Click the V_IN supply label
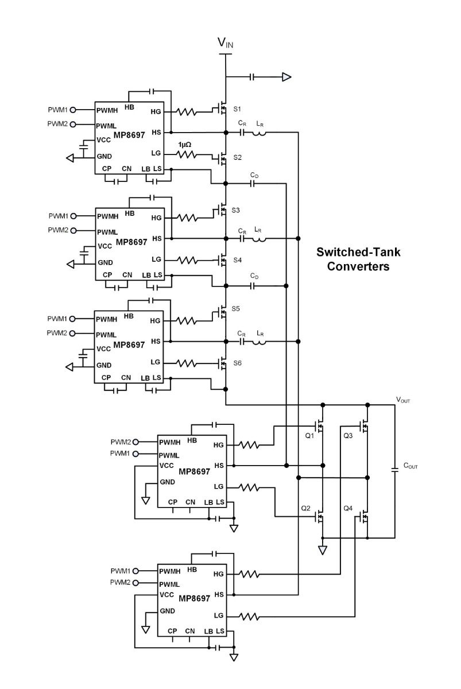[225, 42]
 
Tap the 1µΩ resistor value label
[185, 144]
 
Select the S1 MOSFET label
[237, 109]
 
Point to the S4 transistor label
[237, 260]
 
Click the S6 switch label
[237, 363]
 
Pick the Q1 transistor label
[309, 436]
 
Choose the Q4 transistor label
[348, 508]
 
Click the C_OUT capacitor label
[410, 466]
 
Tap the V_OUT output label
[403, 400]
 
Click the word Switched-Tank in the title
[358, 252]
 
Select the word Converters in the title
[358, 266]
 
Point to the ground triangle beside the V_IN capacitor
[286, 77]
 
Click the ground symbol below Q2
[322, 550]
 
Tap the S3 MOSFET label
[235, 210]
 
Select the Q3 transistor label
[348, 436]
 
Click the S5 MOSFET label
[235, 308]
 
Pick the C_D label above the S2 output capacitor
[254, 175]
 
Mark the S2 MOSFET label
[237, 157]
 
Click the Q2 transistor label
[305, 508]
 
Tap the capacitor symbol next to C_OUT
[395, 470]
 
